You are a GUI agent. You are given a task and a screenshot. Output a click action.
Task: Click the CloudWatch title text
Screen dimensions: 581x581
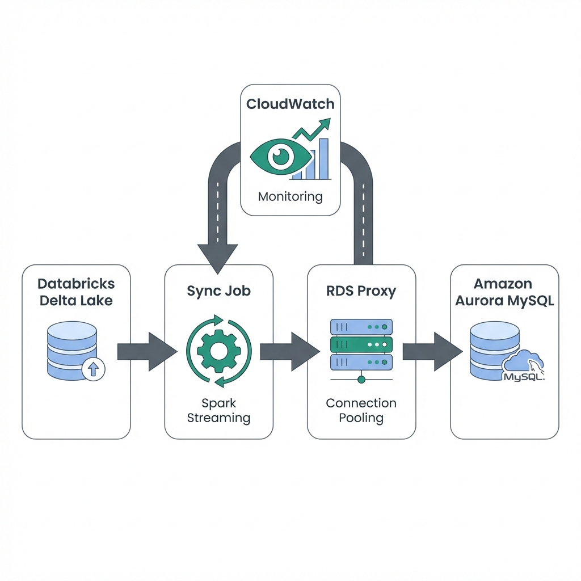[x=290, y=104]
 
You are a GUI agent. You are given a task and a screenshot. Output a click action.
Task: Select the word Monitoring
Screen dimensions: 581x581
[x=290, y=197]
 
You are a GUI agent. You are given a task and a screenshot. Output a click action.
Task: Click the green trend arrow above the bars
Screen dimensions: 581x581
[x=312, y=130]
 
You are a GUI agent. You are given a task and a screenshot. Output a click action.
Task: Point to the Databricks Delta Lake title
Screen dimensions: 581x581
[x=76, y=292]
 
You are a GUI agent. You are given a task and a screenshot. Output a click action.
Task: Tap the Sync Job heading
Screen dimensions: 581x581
[x=218, y=292]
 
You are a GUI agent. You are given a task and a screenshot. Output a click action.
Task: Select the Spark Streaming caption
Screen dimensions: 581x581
[x=218, y=411]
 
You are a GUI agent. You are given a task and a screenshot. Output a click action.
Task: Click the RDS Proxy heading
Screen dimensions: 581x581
[x=361, y=292]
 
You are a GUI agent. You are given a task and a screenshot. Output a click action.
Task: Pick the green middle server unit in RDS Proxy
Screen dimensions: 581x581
[x=361, y=344]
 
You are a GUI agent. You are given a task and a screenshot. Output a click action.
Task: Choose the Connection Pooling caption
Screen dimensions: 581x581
[x=361, y=411]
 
